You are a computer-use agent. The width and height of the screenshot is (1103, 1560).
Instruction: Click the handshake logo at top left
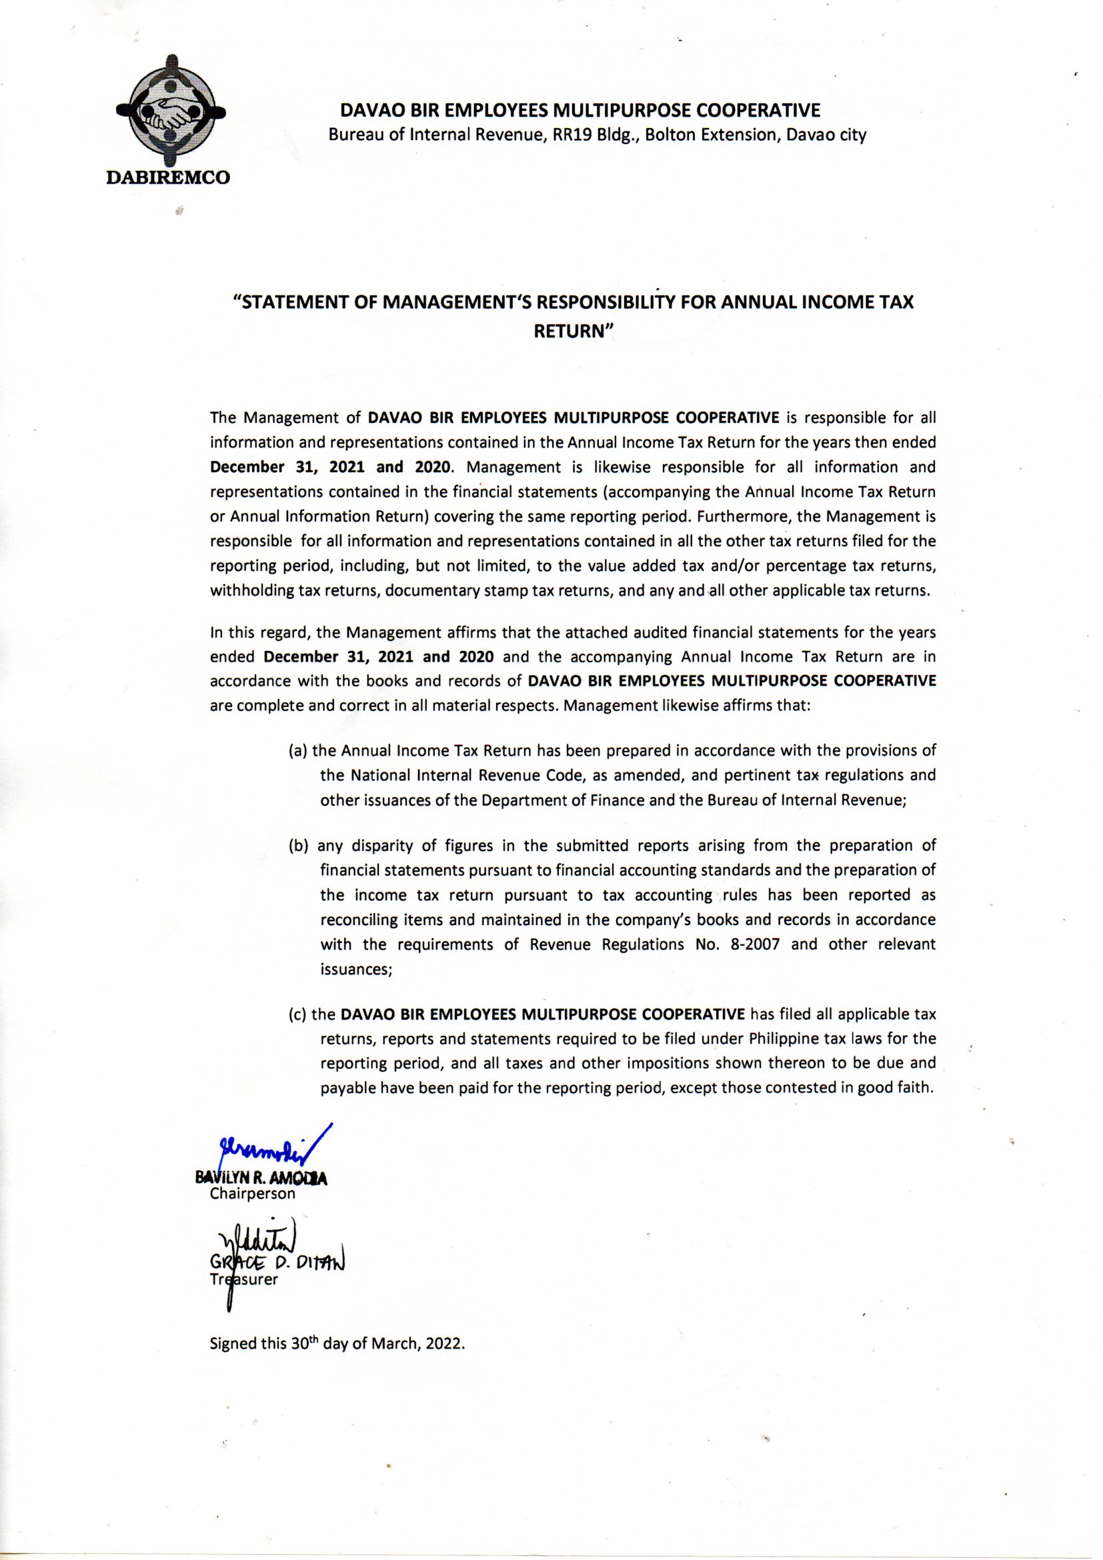tap(171, 113)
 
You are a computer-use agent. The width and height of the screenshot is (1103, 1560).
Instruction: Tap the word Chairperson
tap(253, 1194)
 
